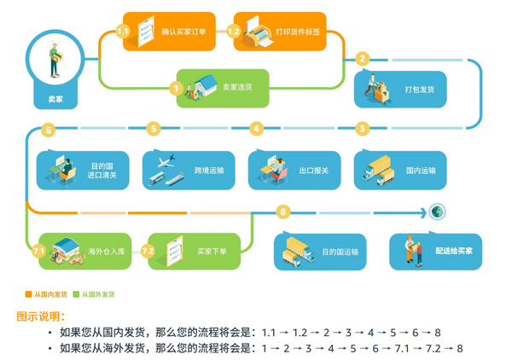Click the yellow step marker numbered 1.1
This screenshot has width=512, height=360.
122,32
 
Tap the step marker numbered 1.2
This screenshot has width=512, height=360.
234,32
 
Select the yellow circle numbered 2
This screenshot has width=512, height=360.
362,59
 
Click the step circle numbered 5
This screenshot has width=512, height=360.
154,128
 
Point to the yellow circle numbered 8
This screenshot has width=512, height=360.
283,212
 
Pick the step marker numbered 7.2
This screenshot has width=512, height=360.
148,251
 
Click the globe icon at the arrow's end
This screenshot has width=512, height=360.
437,212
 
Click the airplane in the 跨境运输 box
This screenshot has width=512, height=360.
166,161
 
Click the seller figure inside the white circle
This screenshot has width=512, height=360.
55,59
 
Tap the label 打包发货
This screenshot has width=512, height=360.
420,90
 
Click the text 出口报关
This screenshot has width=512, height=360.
314,171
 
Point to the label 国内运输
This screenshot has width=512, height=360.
421,171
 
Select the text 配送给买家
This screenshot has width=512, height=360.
454,251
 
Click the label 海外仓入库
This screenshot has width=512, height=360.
107,252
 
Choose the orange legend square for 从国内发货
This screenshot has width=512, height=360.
28,294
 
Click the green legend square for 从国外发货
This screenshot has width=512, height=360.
76,294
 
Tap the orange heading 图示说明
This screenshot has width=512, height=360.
40,316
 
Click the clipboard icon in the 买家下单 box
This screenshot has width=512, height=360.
174,251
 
